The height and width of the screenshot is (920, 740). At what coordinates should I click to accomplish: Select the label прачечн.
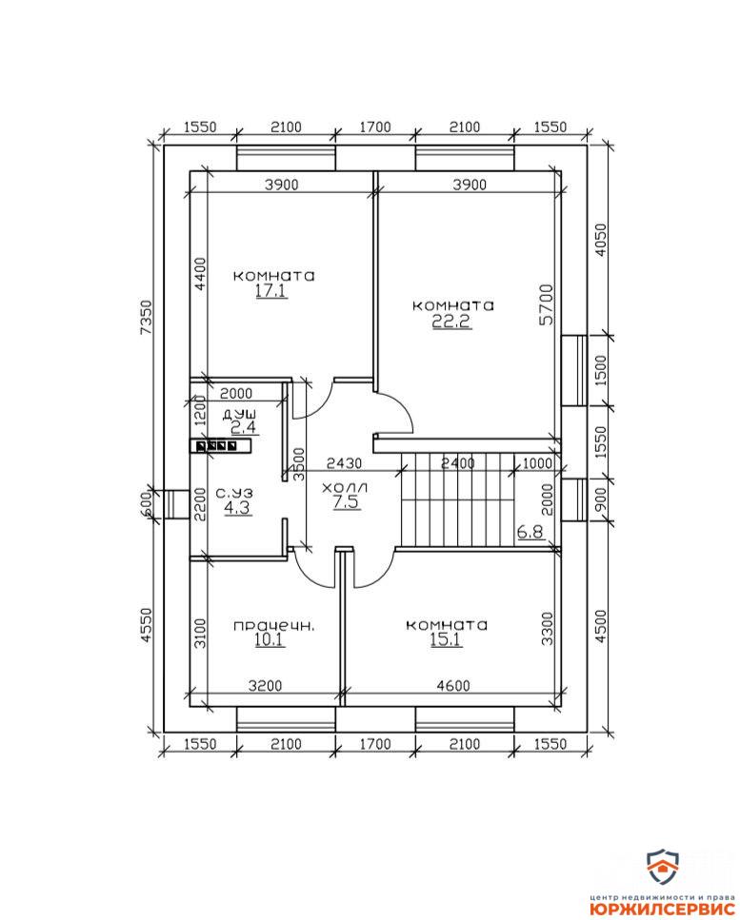pos(273,627)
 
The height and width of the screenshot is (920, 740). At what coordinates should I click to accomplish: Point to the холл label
pos(346,487)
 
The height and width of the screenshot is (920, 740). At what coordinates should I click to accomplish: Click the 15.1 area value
pos(447,639)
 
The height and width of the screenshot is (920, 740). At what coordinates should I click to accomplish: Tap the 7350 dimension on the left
pos(146,318)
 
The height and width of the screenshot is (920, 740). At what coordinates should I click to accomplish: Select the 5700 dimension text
pos(547,303)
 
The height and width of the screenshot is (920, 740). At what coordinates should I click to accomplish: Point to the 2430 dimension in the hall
pos(344,463)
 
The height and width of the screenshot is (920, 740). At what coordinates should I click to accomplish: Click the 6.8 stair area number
pos(530,532)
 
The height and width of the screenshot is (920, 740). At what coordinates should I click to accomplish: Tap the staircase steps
pos(457,499)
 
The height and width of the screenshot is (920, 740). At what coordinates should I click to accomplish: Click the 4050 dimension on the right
pos(600,240)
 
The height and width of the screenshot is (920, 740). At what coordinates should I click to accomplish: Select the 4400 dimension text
pos(201,275)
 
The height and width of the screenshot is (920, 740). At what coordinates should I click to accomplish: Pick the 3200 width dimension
pos(265,685)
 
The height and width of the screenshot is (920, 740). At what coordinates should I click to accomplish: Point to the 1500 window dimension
pos(600,371)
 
